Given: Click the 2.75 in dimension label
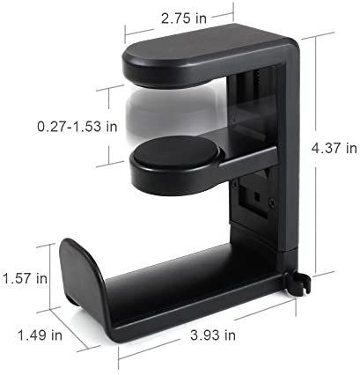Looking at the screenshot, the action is (x=184, y=18).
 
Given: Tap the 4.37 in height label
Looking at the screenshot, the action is (x=334, y=148).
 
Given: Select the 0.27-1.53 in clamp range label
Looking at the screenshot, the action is (x=77, y=127).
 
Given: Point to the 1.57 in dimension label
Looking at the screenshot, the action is (x=25, y=278).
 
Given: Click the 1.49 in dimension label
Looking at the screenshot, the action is (x=40, y=335).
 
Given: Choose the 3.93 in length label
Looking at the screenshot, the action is (x=213, y=335).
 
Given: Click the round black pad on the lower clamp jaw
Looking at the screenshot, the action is (x=176, y=151).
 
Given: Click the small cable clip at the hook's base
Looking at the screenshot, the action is (x=298, y=283).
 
